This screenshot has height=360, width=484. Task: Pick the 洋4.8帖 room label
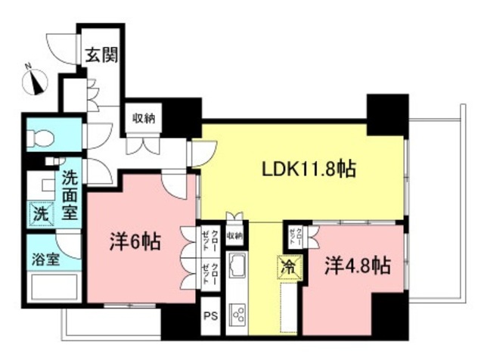pos(358,266)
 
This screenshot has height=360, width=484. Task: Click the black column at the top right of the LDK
pos(386,113)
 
